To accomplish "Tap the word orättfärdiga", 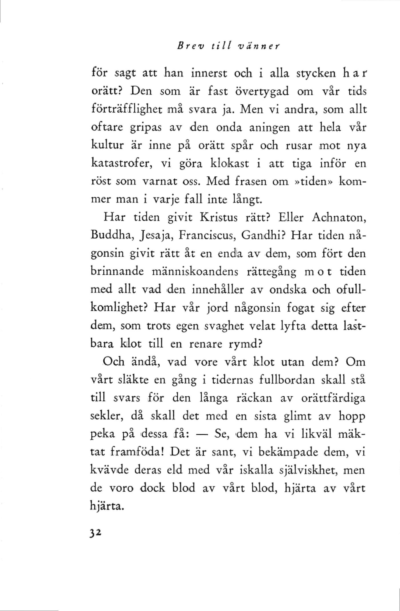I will pyautogui.click(x=333, y=398).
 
